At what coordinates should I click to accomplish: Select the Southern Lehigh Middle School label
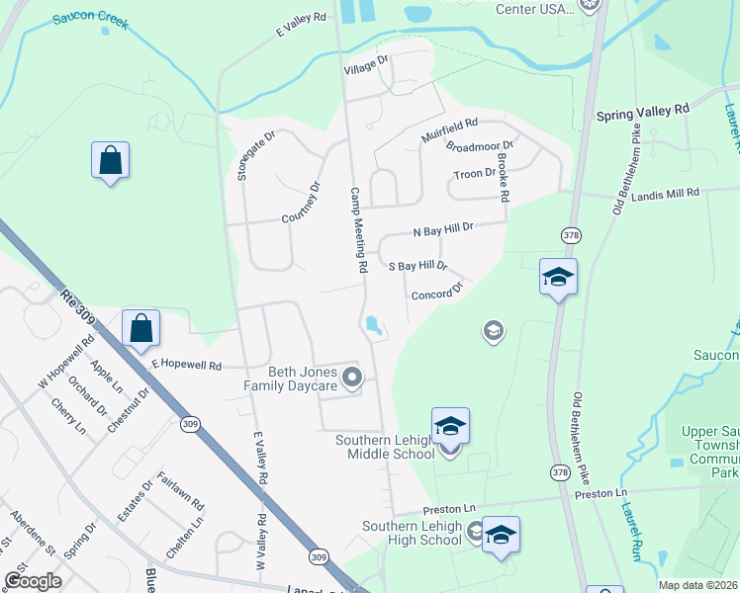[x=385, y=447]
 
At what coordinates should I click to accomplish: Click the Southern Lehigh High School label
[x=412, y=534]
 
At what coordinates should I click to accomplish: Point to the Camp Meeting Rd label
[x=359, y=229]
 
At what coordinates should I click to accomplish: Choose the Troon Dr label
[x=474, y=173]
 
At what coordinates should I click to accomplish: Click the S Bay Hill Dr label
[x=418, y=266]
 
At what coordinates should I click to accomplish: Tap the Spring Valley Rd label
[x=642, y=112]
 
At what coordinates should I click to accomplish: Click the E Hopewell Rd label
[x=185, y=365]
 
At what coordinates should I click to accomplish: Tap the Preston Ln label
[x=449, y=509]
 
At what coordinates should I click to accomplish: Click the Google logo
[x=33, y=581]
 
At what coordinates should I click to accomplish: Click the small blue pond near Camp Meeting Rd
[x=373, y=324]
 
